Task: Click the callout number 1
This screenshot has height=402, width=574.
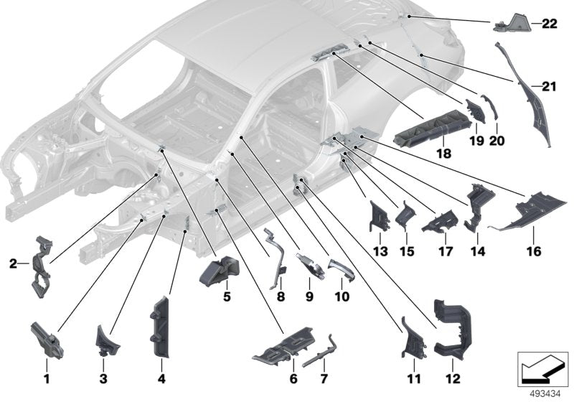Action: [x=47, y=378]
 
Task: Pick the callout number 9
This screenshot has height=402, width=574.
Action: [x=309, y=296]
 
